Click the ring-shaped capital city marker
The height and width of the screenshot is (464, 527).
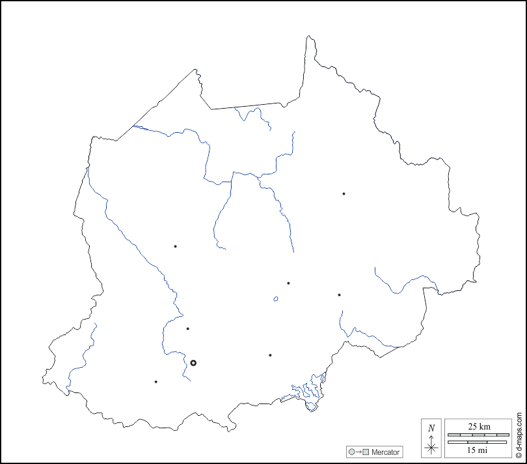pyautogui.click(x=193, y=362)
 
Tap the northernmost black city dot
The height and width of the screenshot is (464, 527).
pyautogui.click(x=344, y=193)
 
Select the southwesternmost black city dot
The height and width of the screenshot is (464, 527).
pyautogui.click(x=156, y=381)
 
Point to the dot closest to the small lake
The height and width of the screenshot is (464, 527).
pyautogui.click(x=288, y=283)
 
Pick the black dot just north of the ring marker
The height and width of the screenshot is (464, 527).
pyautogui.click(x=187, y=329)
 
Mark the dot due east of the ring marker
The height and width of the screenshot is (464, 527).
pyautogui.click(x=270, y=355)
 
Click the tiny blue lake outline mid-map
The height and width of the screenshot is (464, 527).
pyautogui.click(x=276, y=299)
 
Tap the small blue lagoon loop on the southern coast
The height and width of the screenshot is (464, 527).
pyautogui.click(x=312, y=407)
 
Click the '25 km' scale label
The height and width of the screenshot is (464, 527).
pyautogui.click(x=479, y=426)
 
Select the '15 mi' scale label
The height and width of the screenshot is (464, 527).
pyautogui.click(x=479, y=450)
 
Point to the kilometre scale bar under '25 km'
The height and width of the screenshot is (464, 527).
pyautogui.click(x=479, y=434)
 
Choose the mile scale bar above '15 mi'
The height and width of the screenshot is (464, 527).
pyautogui.click(x=479, y=442)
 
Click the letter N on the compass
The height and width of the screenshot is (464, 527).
pyautogui.click(x=431, y=428)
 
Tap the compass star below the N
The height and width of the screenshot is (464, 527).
pyautogui.click(x=431, y=446)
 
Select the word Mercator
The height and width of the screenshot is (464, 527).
pyautogui.click(x=386, y=452)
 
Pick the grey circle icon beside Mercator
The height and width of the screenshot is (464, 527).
pyautogui.click(x=352, y=452)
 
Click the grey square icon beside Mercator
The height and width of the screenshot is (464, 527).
pyautogui.click(x=366, y=452)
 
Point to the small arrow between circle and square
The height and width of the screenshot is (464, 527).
pyautogui.click(x=359, y=452)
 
